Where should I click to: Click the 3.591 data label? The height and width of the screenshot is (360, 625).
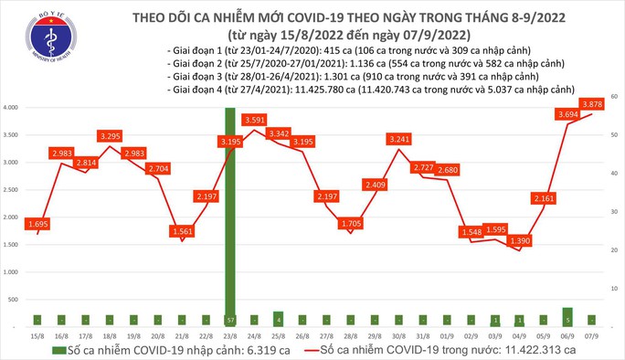254,120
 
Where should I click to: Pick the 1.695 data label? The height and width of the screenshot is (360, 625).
37,224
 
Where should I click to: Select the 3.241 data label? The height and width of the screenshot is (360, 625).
398,140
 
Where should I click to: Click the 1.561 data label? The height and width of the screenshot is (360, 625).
182,231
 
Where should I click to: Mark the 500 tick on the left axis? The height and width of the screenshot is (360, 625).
15,299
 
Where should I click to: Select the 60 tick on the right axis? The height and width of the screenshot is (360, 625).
616,96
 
